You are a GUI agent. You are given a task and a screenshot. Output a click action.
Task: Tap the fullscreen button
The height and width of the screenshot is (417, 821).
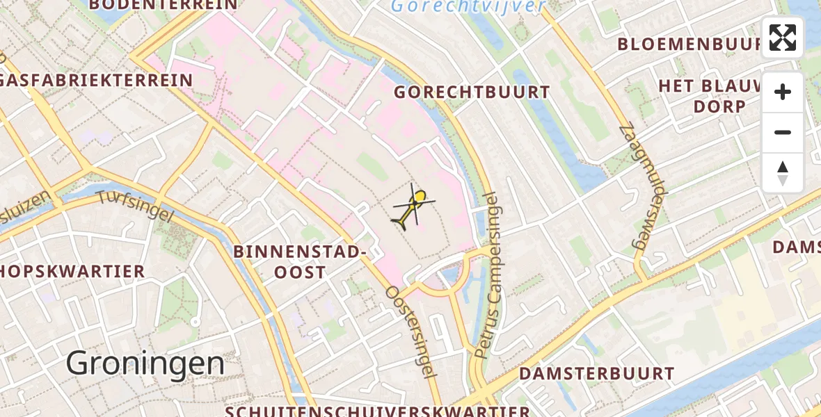pos(783,38)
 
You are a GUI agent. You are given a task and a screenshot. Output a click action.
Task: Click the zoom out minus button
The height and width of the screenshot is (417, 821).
pos(783,132)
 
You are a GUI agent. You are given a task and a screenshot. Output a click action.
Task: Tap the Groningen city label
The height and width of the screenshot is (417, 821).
pos(145,363)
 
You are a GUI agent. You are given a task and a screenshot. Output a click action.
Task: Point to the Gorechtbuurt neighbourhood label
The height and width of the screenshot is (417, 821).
pos(472,92)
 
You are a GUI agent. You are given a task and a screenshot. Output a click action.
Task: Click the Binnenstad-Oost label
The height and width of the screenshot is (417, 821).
pos(300,261)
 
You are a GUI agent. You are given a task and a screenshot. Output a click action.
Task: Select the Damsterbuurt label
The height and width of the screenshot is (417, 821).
pos(597,374)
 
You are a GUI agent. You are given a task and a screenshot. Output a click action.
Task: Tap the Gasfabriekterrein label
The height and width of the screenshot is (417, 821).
pos(96,80)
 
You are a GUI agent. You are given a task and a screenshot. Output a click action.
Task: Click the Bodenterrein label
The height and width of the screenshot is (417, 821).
pos(164,5)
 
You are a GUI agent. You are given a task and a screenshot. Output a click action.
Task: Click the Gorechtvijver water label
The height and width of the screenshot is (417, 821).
pos(468,7)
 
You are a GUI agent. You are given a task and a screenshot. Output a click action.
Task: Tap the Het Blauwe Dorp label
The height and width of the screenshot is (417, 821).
pos(719,96)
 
